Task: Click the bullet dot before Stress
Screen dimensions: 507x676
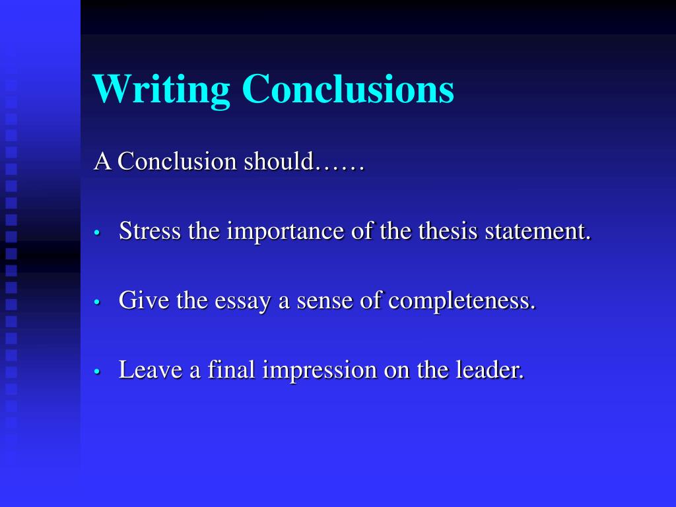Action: [97, 234]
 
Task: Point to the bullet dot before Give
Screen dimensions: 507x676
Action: [97, 302]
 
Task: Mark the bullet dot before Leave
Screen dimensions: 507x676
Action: [97, 372]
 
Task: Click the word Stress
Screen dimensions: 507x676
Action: [150, 232]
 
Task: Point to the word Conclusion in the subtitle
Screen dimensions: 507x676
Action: [178, 162]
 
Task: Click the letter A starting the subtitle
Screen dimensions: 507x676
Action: [102, 162]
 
